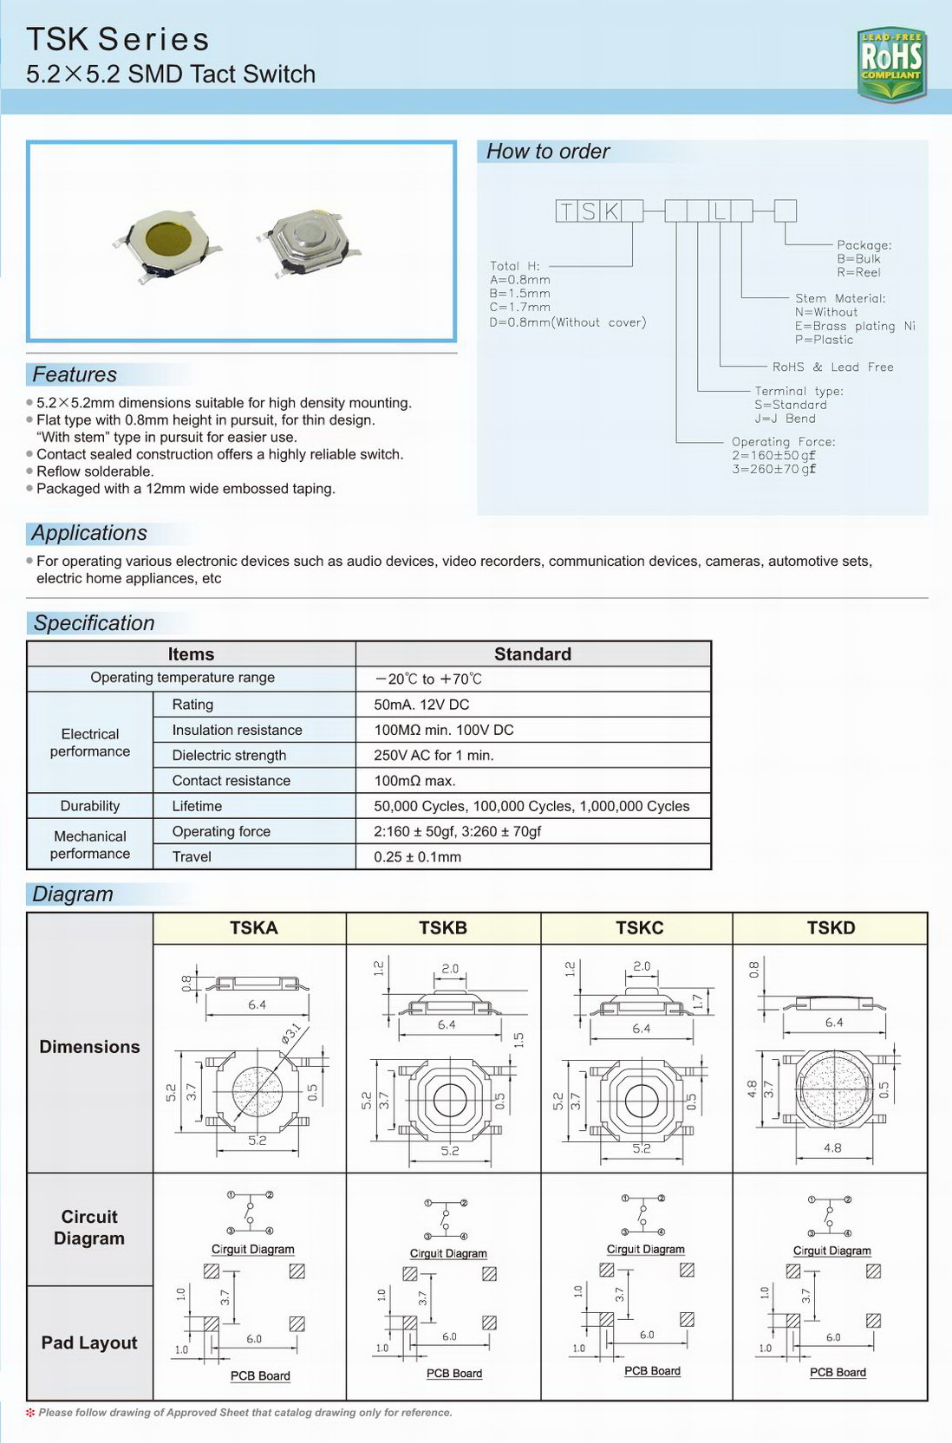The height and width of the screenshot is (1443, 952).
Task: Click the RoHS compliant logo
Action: click(x=891, y=63)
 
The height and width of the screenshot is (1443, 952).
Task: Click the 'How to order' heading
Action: click(x=548, y=152)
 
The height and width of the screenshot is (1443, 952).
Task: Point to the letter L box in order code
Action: click(x=720, y=211)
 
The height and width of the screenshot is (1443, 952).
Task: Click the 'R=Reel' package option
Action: click(x=858, y=272)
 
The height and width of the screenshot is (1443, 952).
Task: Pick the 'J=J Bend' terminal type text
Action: click(x=784, y=419)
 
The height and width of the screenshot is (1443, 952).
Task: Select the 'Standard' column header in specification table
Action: click(x=532, y=654)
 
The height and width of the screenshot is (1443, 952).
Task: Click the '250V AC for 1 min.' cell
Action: click(x=434, y=755)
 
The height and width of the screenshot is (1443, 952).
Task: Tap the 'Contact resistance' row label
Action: click(x=231, y=780)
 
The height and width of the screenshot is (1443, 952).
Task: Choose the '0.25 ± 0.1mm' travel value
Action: click(x=417, y=856)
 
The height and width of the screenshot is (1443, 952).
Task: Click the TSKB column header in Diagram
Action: click(x=443, y=927)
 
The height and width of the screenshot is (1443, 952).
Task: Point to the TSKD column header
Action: click(x=831, y=927)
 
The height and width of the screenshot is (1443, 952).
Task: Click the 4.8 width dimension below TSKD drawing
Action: click(x=832, y=1147)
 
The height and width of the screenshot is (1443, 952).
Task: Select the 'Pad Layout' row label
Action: click(x=89, y=1342)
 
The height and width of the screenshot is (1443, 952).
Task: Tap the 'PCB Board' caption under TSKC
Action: click(x=652, y=1370)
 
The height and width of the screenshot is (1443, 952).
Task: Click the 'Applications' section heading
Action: click(x=89, y=533)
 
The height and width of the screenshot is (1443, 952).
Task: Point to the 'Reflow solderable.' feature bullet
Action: click(x=95, y=471)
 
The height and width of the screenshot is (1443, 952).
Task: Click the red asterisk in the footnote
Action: click(x=31, y=1412)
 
